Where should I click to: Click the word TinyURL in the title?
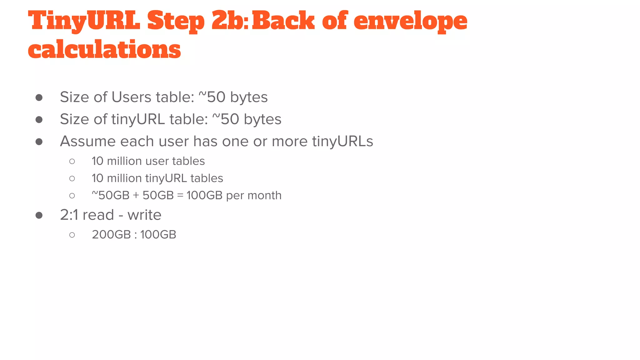click(x=84, y=21)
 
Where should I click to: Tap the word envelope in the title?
click(x=410, y=21)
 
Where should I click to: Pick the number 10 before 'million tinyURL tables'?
click(x=97, y=178)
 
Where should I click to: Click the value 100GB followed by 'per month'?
click(x=204, y=196)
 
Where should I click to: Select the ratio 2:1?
click(x=69, y=215)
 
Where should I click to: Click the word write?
click(x=144, y=215)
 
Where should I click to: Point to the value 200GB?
click(x=111, y=235)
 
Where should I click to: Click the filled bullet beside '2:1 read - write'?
click(x=39, y=215)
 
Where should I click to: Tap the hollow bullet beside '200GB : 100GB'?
click(x=72, y=235)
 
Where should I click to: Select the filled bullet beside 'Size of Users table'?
click(x=39, y=97)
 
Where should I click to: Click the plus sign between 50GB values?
click(x=136, y=196)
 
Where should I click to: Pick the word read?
click(x=98, y=215)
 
